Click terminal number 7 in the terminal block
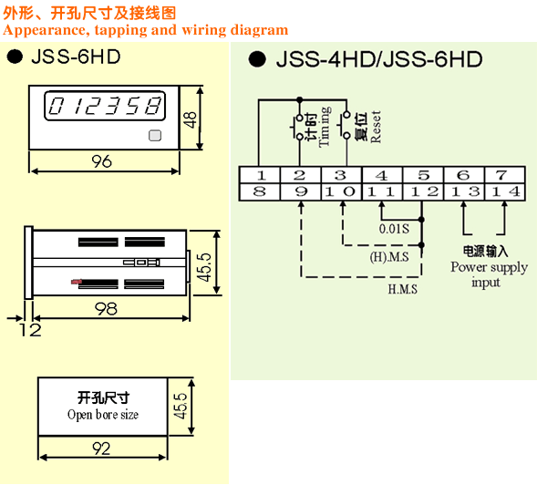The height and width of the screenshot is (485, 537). pos(504,175)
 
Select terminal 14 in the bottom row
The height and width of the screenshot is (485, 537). pos(504,191)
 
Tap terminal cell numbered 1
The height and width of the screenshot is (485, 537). pos(260,175)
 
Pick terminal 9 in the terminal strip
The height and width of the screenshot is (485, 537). pos(300,191)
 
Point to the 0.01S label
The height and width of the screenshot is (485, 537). pos(394,229)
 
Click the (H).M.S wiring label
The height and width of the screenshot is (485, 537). pos(389,257)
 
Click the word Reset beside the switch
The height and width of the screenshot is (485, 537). pos(376,127)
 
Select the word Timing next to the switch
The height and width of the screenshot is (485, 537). pos(325,127)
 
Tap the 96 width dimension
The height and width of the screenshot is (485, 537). pos(102,161)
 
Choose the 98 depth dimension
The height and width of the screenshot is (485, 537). pos(106,309)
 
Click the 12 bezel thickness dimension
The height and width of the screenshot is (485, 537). pos(30,329)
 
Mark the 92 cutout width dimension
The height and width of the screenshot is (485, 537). pos(101,449)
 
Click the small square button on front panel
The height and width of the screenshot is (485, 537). pos(155,135)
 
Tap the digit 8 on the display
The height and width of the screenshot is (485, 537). pos(153,106)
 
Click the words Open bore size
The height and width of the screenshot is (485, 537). pos(103,415)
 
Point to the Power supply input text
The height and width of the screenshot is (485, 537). pos(489,274)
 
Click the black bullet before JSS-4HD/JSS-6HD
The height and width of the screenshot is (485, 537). pos(257,59)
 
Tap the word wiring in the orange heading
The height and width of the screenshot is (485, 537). pos(204,30)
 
